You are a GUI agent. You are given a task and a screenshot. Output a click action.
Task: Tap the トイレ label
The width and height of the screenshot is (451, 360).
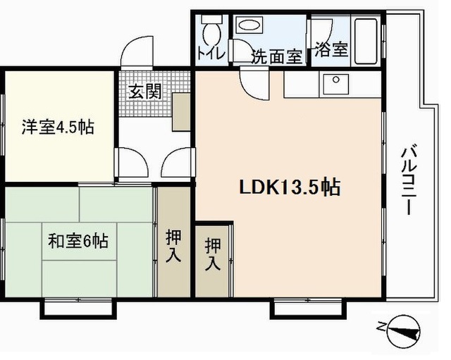coord(211,53)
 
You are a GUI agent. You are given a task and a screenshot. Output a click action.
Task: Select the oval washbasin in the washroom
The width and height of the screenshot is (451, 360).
coord(249,25)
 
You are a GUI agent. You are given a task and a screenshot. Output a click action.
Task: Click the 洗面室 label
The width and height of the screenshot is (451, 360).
coord(277,56)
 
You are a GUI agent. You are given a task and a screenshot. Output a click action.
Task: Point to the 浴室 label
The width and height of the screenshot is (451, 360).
coord(331,49)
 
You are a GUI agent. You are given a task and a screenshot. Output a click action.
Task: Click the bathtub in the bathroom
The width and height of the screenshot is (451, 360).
coord(366,41)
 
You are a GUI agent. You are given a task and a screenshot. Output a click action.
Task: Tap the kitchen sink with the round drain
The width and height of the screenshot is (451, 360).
coord(335,85)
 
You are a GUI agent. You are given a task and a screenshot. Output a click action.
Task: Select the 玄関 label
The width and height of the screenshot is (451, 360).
coord(144,92)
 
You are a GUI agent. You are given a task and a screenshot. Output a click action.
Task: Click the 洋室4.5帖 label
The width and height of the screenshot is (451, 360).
coord(58,128)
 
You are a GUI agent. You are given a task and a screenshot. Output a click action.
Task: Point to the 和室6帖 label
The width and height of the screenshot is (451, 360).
coord(78,241)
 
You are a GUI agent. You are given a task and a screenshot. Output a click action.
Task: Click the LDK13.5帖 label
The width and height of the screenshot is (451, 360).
coord(290,187)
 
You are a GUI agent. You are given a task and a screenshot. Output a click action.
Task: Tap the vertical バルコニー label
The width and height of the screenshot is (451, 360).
coord(409,181)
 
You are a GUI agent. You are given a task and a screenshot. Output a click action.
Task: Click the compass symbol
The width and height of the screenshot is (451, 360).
coord(404,332)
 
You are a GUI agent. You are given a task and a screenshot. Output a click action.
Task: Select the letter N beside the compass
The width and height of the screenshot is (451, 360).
coord(381,327)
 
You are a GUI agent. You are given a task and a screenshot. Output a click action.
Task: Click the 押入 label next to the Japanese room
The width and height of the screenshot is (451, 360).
coord(173,246)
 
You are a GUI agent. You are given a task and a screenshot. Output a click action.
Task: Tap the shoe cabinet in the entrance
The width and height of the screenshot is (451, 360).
coord(181,112)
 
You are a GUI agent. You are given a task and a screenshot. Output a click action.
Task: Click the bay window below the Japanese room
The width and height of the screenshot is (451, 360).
coord(78,309)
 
